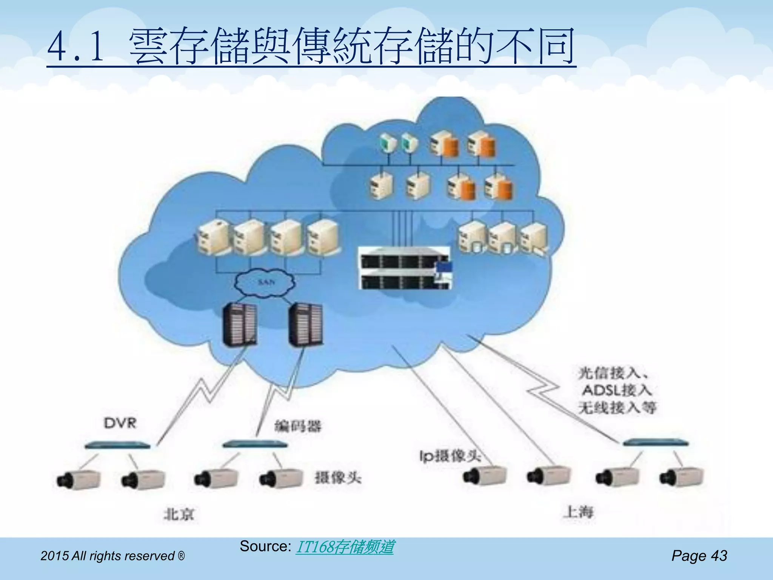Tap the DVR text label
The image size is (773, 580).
pyautogui.click(x=120, y=423)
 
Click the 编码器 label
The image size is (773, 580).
pyautogui.click(x=297, y=426)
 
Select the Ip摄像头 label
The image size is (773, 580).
pyautogui.click(x=450, y=456)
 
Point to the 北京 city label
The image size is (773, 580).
pyautogui.click(x=179, y=514)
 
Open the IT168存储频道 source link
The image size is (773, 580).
pyautogui.click(x=345, y=547)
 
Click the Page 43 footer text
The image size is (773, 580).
pyautogui.click(x=699, y=555)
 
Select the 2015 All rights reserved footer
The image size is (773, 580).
pyautogui.click(x=112, y=556)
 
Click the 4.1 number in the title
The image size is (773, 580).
pyautogui.click(x=75, y=47)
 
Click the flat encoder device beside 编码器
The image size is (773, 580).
pyautogui.click(x=255, y=444)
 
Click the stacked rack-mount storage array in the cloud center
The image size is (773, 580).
pyautogui.click(x=405, y=268)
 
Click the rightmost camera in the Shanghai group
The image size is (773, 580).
pyautogui.click(x=682, y=477)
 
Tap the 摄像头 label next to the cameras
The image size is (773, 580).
pyautogui.click(x=338, y=478)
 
